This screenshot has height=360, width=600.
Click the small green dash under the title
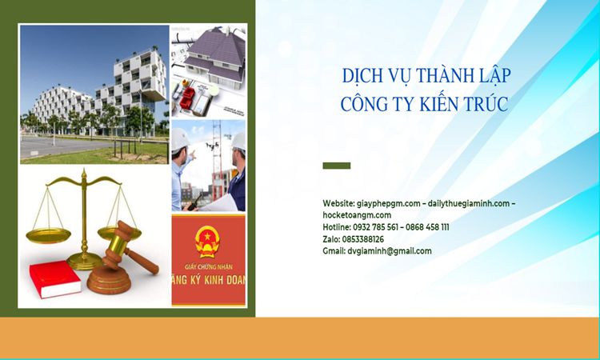coord(336,166)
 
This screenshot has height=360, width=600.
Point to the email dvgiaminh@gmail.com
coord(390,251)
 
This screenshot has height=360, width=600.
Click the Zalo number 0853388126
coord(362,239)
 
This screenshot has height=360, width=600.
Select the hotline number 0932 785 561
coord(375,227)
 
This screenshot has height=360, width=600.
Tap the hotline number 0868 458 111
coord(427,227)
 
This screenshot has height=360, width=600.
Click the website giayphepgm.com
coord(388,203)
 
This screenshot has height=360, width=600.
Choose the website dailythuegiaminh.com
coord(469,203)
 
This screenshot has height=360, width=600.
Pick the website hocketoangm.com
coord(357,215)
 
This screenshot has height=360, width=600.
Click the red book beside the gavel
coord(54,278)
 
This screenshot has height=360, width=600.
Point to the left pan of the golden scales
coord(48,235)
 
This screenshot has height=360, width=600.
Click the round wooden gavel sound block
coord(109,280)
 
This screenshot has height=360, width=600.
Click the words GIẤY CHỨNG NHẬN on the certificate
coord(209,266)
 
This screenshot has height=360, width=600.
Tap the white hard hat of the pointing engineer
coord(179,139)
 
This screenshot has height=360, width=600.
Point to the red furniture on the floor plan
coord(188,98)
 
